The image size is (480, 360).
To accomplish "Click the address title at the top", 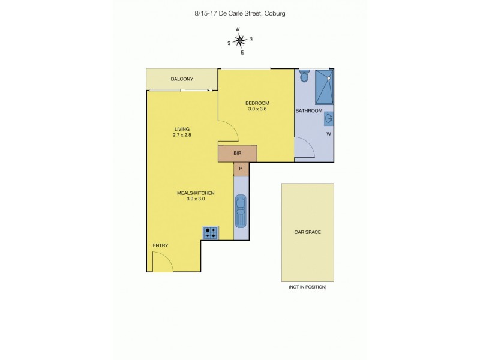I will [x=239, y=12].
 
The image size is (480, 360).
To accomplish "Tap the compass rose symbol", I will [x=239, y=41].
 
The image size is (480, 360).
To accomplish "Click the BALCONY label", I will [x=181, y=79].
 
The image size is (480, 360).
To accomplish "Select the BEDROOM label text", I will [x=257, y=103].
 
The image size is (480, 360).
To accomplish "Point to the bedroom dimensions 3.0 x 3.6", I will [x=257, y=109].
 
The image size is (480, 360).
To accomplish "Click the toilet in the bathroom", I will [x=304, y=76].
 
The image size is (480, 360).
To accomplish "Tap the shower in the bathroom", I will [x=324, y=88].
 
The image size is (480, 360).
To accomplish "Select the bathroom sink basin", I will [x=329, y=119].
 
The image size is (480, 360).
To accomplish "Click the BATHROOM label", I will [x=309, y=111].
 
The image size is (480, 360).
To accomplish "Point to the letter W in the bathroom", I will [x=328, y=134].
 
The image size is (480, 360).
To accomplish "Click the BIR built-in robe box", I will [x=238, y=154].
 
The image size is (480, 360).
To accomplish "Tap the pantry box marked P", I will [x=241, y=169].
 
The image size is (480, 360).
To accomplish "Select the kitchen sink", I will [x=241, y=211].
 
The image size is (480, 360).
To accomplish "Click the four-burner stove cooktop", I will [x=211, y=233].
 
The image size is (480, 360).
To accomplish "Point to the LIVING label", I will [x=182, y=129].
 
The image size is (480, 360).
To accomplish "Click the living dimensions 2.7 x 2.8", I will [x=182, y=136].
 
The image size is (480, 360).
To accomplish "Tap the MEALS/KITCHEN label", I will [x=195, y=193].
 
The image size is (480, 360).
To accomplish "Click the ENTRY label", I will [x=160, y=245].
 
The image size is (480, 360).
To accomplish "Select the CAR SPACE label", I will [x=307, y=232].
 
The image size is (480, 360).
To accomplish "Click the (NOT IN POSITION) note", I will [x=307, y=287].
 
